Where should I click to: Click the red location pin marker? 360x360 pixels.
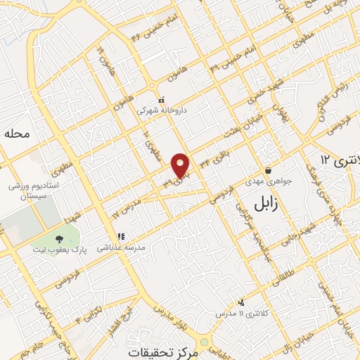pyautogui.click(x=181, y=165)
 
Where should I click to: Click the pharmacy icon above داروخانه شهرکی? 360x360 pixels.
pyautogui.click(x=162, y=99)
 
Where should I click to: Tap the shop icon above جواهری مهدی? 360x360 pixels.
pyautogui.click(x=268, y=170)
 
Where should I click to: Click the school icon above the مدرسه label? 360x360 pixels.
pyautogui.click(x=121, y=237)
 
